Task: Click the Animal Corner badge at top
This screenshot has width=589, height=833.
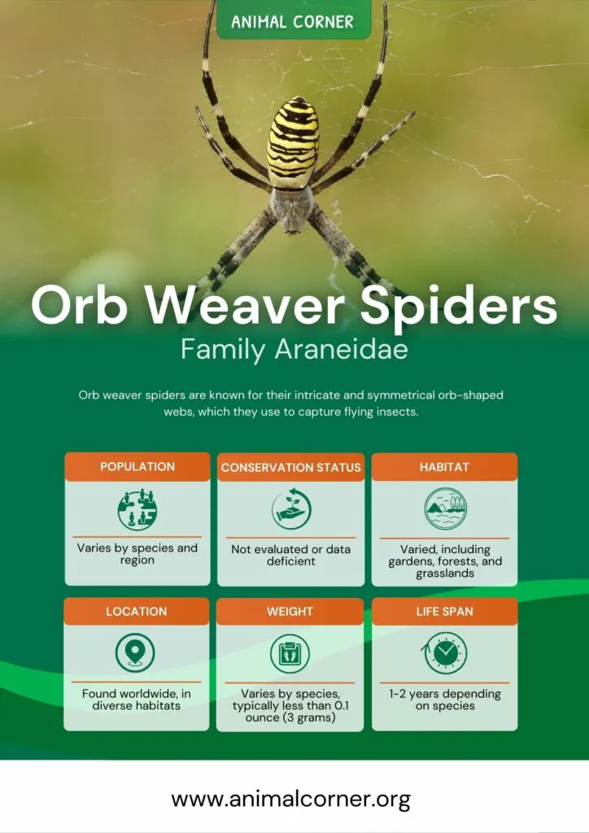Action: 293,20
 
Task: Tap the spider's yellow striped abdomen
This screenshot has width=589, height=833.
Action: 293,142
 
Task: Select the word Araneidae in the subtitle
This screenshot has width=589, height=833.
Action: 342,349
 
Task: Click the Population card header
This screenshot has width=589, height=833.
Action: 137,466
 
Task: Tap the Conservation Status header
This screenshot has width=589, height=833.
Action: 291,467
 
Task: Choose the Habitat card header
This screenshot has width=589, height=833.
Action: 444,467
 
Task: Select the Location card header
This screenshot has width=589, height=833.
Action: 137,611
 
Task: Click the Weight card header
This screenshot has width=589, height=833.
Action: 290,611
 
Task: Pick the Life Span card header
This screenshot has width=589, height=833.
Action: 444,611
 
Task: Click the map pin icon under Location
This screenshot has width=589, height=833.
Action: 135,652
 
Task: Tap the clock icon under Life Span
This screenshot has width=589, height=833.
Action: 445,653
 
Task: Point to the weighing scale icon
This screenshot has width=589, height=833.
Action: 290,653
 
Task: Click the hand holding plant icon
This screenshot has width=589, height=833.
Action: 291,509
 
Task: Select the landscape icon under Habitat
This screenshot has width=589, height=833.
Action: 446,508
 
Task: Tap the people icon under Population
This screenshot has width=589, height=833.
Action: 137,510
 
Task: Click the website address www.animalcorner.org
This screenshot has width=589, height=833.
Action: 291,799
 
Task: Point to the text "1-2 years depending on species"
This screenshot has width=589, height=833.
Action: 445,700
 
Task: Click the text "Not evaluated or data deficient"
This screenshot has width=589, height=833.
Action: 291,555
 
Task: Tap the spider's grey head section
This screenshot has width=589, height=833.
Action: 291,209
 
